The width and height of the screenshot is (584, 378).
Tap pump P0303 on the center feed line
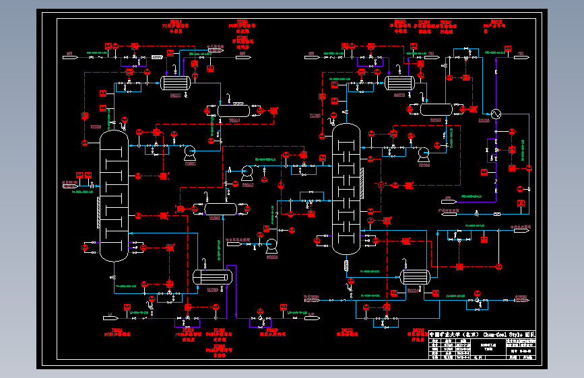point(271,244)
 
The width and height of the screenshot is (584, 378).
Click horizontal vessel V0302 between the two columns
point(216,208)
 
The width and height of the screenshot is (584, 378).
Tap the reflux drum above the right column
point(435,109)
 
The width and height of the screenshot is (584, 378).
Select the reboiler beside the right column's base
point(414,276)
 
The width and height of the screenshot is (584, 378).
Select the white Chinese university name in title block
point(453,334)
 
